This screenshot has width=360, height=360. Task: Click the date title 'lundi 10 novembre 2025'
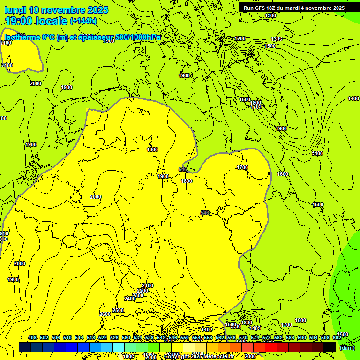click(x=56, y=10)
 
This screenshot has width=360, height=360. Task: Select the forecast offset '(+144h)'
click(x=83, y=21)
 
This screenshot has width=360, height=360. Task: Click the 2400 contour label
click(x=130, y=299)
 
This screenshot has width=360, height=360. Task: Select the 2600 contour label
click(x=105, y=314)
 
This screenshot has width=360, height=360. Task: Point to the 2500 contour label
click(x=118, y=310)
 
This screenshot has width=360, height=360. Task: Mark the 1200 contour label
click(x=240, y=38)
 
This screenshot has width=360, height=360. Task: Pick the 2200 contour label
click(x=142, y=291)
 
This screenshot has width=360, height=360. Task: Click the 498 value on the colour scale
click(x=32, y=337)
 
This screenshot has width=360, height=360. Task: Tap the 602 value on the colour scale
click(x=337, y=337)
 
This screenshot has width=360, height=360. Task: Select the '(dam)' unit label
click(x=347, y=347)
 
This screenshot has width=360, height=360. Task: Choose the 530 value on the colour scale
click(x=126, y=337)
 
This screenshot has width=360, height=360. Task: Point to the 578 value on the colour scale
click(x=267, y=337)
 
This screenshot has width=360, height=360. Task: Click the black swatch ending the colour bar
click(x=330, y=347)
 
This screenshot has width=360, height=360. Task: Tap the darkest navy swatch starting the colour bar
click(x=25, y=347)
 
